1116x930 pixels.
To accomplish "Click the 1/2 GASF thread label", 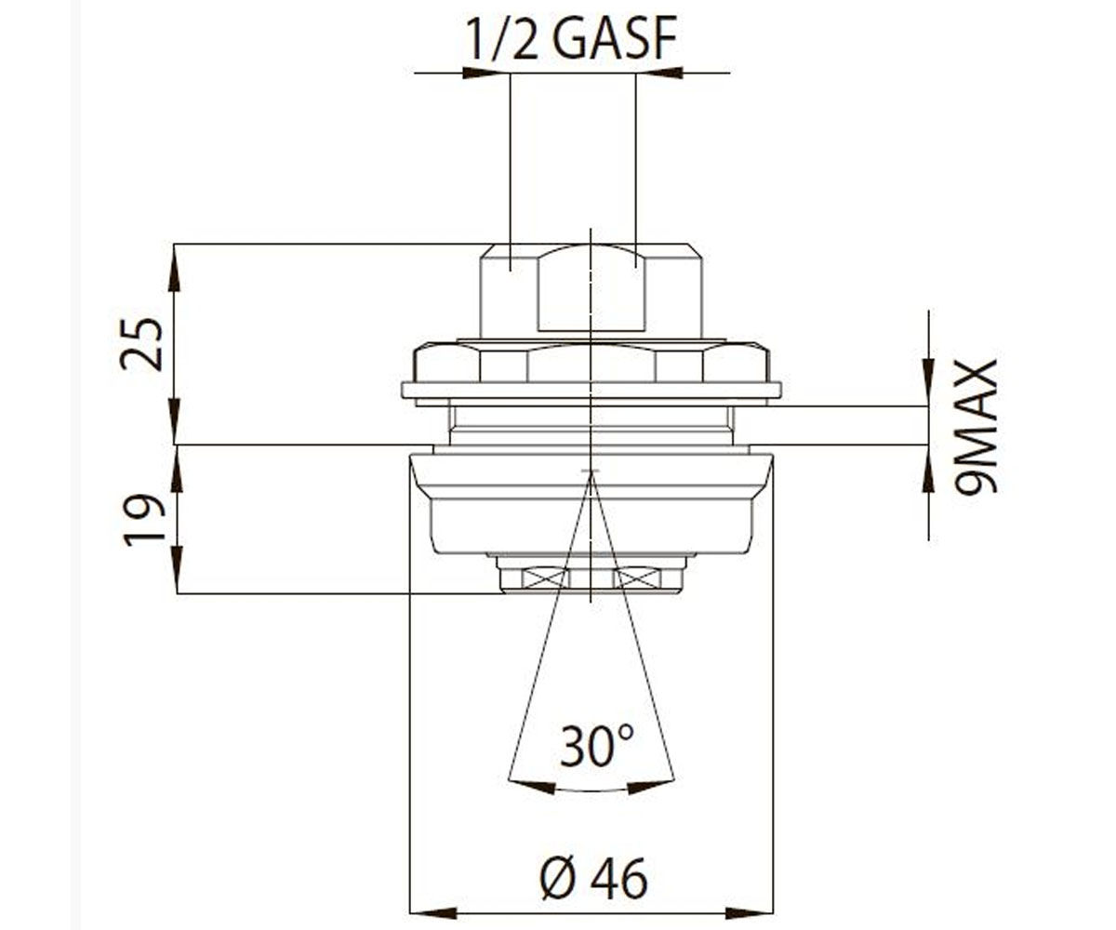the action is pyautogui.click(x=572, y=38).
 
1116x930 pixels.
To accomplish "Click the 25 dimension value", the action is pyautogui.click(x=141, y=344).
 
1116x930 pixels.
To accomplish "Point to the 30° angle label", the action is pyautogui.click(x=596, y=745).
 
